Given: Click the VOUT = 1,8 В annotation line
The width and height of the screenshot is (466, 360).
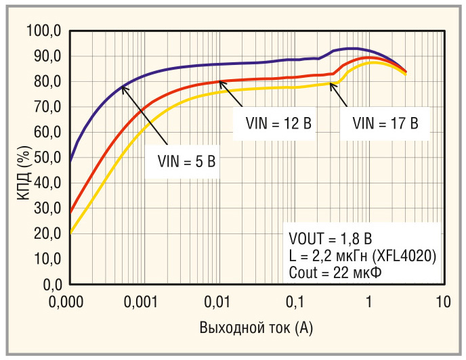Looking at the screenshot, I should (x=330, y=239).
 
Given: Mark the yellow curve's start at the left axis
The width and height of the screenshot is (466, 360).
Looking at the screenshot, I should (x=71, y=233).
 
